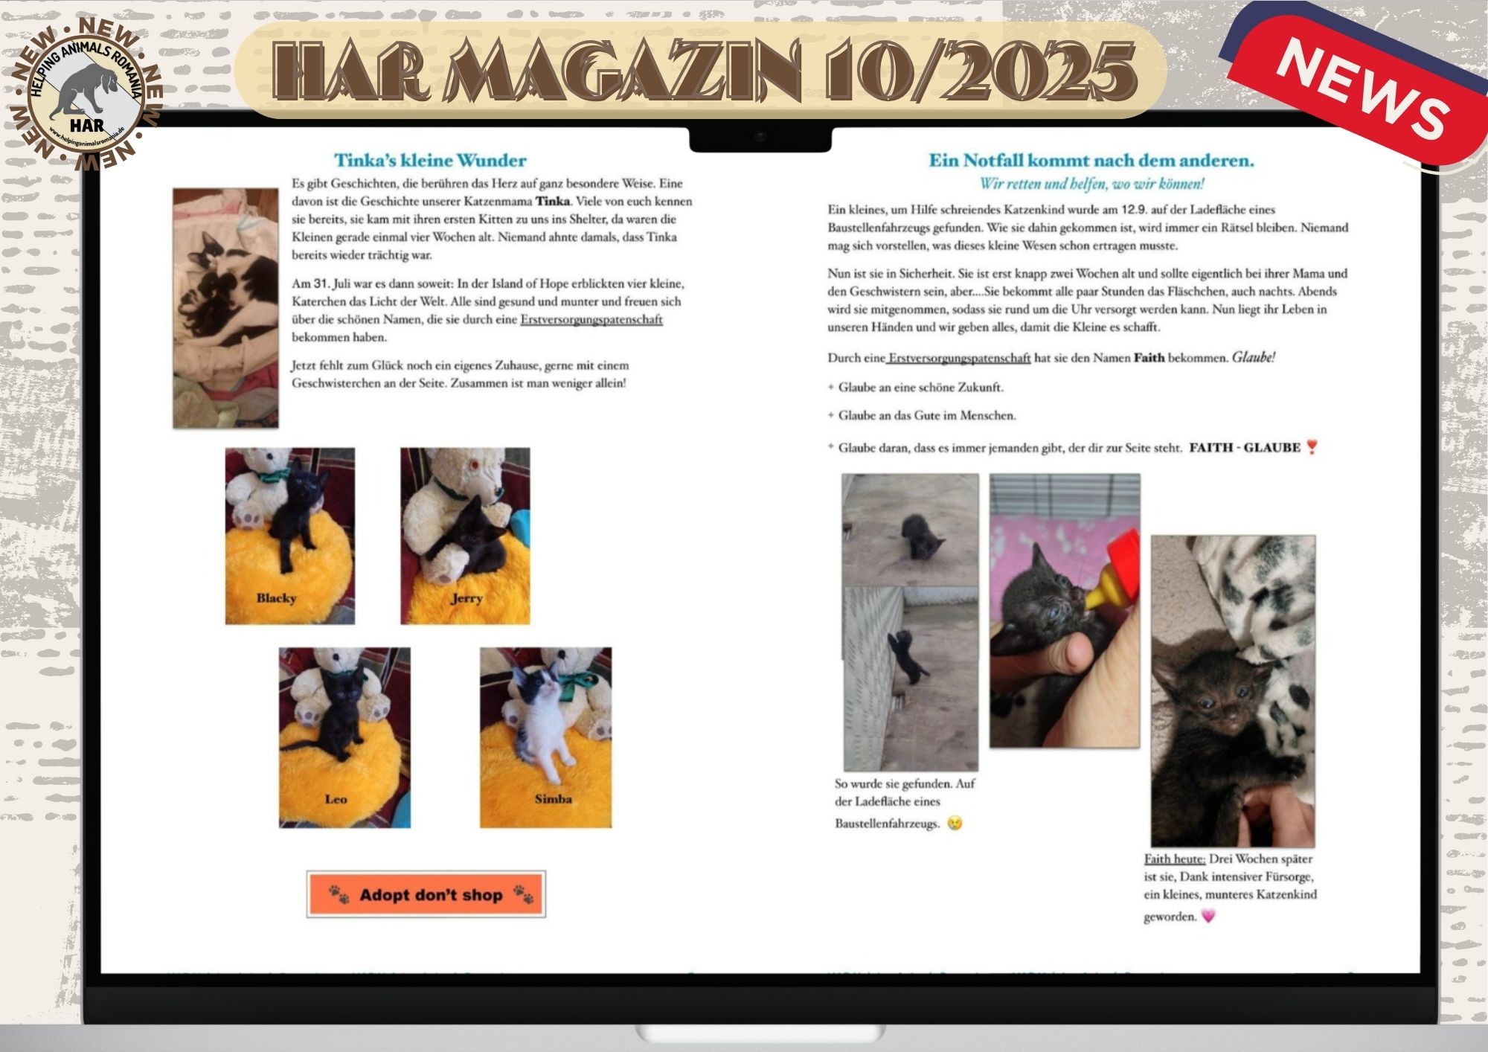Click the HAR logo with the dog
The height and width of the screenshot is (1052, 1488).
(x=86, y=92)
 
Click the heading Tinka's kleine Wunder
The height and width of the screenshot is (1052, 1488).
(x=430, y=160)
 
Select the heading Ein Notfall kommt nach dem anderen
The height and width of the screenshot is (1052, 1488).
(x=1091, y=160)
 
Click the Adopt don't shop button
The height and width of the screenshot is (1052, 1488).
(x=426, y=894)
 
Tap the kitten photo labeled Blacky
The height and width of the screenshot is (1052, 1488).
(x=290, y=536)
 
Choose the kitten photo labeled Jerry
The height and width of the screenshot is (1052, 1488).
(x=465, y=536)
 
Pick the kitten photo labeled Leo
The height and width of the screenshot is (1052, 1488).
(x=344, y=737)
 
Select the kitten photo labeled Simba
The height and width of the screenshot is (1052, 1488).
(x=545, y=737)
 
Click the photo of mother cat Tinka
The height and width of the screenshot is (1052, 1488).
(x=226, y=308)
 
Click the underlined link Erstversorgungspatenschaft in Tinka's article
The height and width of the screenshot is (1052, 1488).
(x=591, y=319)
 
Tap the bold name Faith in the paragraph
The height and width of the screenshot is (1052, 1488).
(x=1149, y=358)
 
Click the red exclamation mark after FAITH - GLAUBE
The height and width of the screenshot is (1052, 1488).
(x=1312, y=447)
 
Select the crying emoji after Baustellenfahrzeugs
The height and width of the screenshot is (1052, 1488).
(x=955, y=824)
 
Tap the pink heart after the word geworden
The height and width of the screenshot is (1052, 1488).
(x=1208, y=916)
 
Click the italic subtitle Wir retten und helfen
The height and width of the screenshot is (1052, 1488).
(x=1091, y=184)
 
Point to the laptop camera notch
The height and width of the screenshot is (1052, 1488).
(x=760, y=138)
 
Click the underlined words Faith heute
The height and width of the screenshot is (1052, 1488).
(x=1175, y=859)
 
